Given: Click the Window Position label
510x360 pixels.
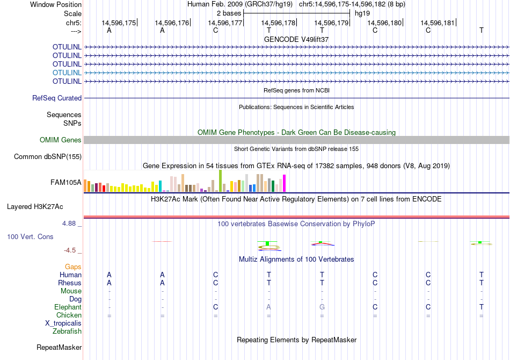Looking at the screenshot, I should tap(56, 4).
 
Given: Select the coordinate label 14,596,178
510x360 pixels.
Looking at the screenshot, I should tap(278, 23).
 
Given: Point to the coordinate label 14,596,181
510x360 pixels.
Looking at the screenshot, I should tap(438, 23).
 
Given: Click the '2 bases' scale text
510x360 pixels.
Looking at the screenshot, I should tap(229, 12).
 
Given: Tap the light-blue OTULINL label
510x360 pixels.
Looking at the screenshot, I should tap(67, 73).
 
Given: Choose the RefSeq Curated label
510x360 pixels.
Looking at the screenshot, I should tap(57, 98).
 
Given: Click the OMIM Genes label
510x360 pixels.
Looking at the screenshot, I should tap(61, 140).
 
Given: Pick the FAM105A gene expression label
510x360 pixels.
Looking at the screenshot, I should tap(66, 182).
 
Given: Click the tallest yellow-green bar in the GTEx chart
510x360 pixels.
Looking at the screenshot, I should tap(220, 181).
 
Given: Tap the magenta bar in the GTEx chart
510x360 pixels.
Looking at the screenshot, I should tap(284, 183).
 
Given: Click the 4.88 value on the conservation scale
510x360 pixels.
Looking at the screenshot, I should tap(71, 223).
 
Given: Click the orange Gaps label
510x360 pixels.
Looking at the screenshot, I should tap(73, 267).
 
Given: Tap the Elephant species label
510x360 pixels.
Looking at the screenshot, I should tap(68, 307).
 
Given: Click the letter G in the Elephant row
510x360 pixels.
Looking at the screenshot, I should tap(322, 307).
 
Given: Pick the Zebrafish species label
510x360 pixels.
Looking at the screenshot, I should tap(67, 331).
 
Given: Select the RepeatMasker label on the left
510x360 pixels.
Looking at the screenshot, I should tap(59, 348).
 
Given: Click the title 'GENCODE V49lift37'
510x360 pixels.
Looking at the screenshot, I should tap(296, 39).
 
